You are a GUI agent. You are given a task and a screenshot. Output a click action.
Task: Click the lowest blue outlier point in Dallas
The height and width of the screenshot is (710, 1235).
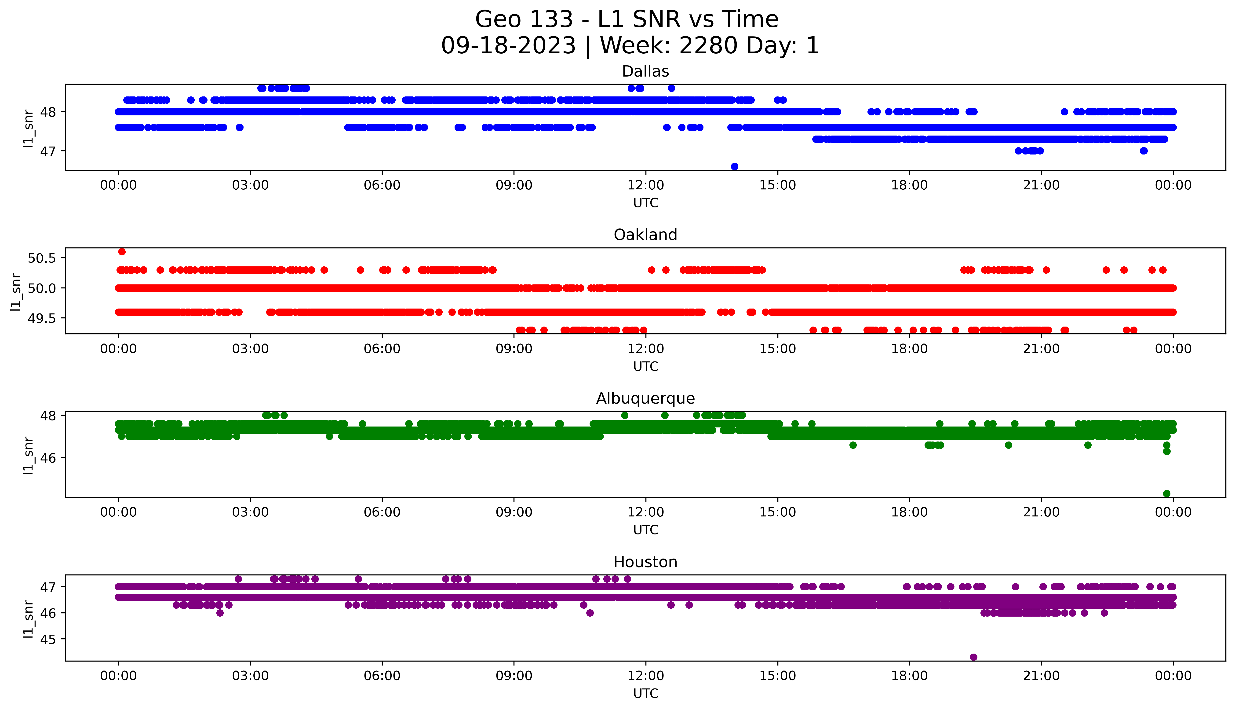point(734,167)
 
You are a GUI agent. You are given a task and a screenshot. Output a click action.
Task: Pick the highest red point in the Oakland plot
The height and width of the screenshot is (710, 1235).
point(122,252)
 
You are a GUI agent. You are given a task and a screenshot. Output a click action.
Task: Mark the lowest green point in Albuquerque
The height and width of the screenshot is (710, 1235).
point(1166,493)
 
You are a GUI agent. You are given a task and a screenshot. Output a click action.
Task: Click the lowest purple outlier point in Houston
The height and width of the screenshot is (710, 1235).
point(973,657)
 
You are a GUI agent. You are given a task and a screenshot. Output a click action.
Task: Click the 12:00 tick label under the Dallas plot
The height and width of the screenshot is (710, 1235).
point(645,185)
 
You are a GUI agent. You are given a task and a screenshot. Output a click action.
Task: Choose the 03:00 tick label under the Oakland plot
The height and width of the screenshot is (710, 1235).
point(250,349)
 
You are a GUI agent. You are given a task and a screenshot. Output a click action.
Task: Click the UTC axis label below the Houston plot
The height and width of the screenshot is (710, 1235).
point(645,693)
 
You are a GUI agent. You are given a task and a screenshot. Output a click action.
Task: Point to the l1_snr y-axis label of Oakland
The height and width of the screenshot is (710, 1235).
point(16,292)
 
